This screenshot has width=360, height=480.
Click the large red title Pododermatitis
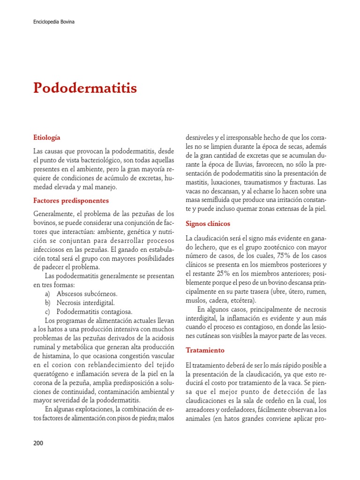[x=85, y=88]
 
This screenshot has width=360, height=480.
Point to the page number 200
[x=38, y=443]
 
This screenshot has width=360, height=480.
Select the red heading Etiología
[x=47, y=138]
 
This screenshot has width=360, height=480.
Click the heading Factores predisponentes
[x=71, y=201]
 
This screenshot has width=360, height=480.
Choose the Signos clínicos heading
[x=208, y=224]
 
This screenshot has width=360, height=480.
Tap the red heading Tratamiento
[x=205, y=350]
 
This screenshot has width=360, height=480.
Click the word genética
[x=124, y=232]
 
